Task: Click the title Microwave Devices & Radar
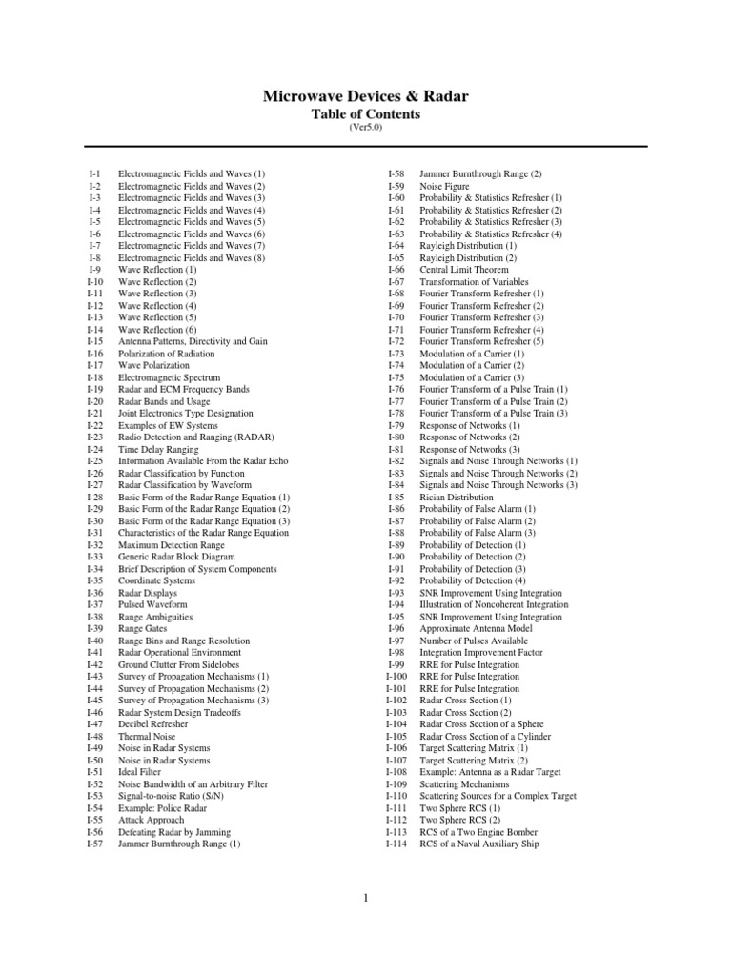(366, 96)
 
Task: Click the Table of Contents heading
(366, 114)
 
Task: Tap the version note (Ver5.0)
(366, 129)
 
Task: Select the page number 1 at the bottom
(366, 897)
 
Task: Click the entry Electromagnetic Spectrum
(169, 377)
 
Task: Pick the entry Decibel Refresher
(152, 724)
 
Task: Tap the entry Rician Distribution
(457, 497)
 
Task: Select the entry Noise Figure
(445, 186)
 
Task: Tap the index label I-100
(396, 676)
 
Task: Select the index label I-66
(396, 270)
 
